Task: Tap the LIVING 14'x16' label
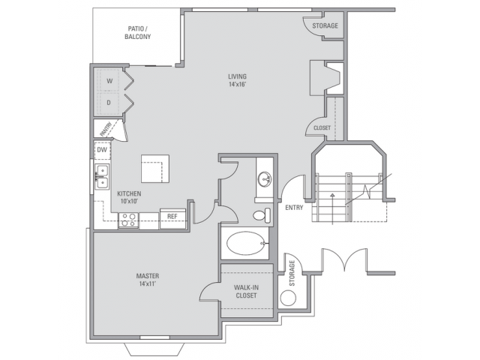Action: (238, 81)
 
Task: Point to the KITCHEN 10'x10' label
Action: (129, 197)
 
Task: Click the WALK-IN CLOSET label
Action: (246, 291)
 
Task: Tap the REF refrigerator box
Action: (172, 217)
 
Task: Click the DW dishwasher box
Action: (101, 151)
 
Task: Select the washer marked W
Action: (109, 81)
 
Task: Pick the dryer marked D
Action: (109, 101)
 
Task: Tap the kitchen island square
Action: (156, 169)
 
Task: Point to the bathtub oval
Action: (244, 244)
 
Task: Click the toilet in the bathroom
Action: (260, 216)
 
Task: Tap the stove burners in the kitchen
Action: (128, 220)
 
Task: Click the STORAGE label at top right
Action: (325, 26)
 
